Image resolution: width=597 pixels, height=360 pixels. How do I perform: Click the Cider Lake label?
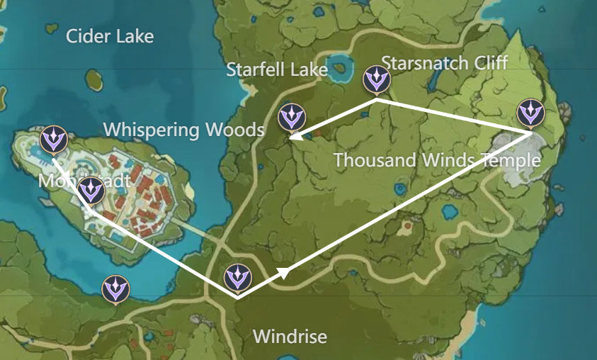point(110,36)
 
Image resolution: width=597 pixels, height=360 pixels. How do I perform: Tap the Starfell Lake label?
point(277,69)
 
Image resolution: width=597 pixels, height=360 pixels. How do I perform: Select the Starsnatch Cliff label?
point(445,62)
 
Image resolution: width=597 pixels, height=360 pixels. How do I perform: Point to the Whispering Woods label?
point(183,130)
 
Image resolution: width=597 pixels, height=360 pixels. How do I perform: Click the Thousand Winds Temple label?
point(437,160)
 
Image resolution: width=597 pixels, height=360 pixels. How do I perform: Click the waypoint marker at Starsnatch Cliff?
point(376,79)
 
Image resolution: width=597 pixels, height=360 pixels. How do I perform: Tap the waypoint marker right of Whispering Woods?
point(291,117)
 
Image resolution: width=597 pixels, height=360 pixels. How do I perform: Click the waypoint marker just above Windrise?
point(237,278)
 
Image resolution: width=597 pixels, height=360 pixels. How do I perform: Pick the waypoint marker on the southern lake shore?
point(115,288)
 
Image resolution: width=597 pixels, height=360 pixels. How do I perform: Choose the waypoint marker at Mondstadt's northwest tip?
point(53,140)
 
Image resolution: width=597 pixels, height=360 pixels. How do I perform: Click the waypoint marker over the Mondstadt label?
point(91,191)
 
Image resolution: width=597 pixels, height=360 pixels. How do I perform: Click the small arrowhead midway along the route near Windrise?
point(284,272)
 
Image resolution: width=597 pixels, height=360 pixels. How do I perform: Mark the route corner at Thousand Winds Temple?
point(532,133)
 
